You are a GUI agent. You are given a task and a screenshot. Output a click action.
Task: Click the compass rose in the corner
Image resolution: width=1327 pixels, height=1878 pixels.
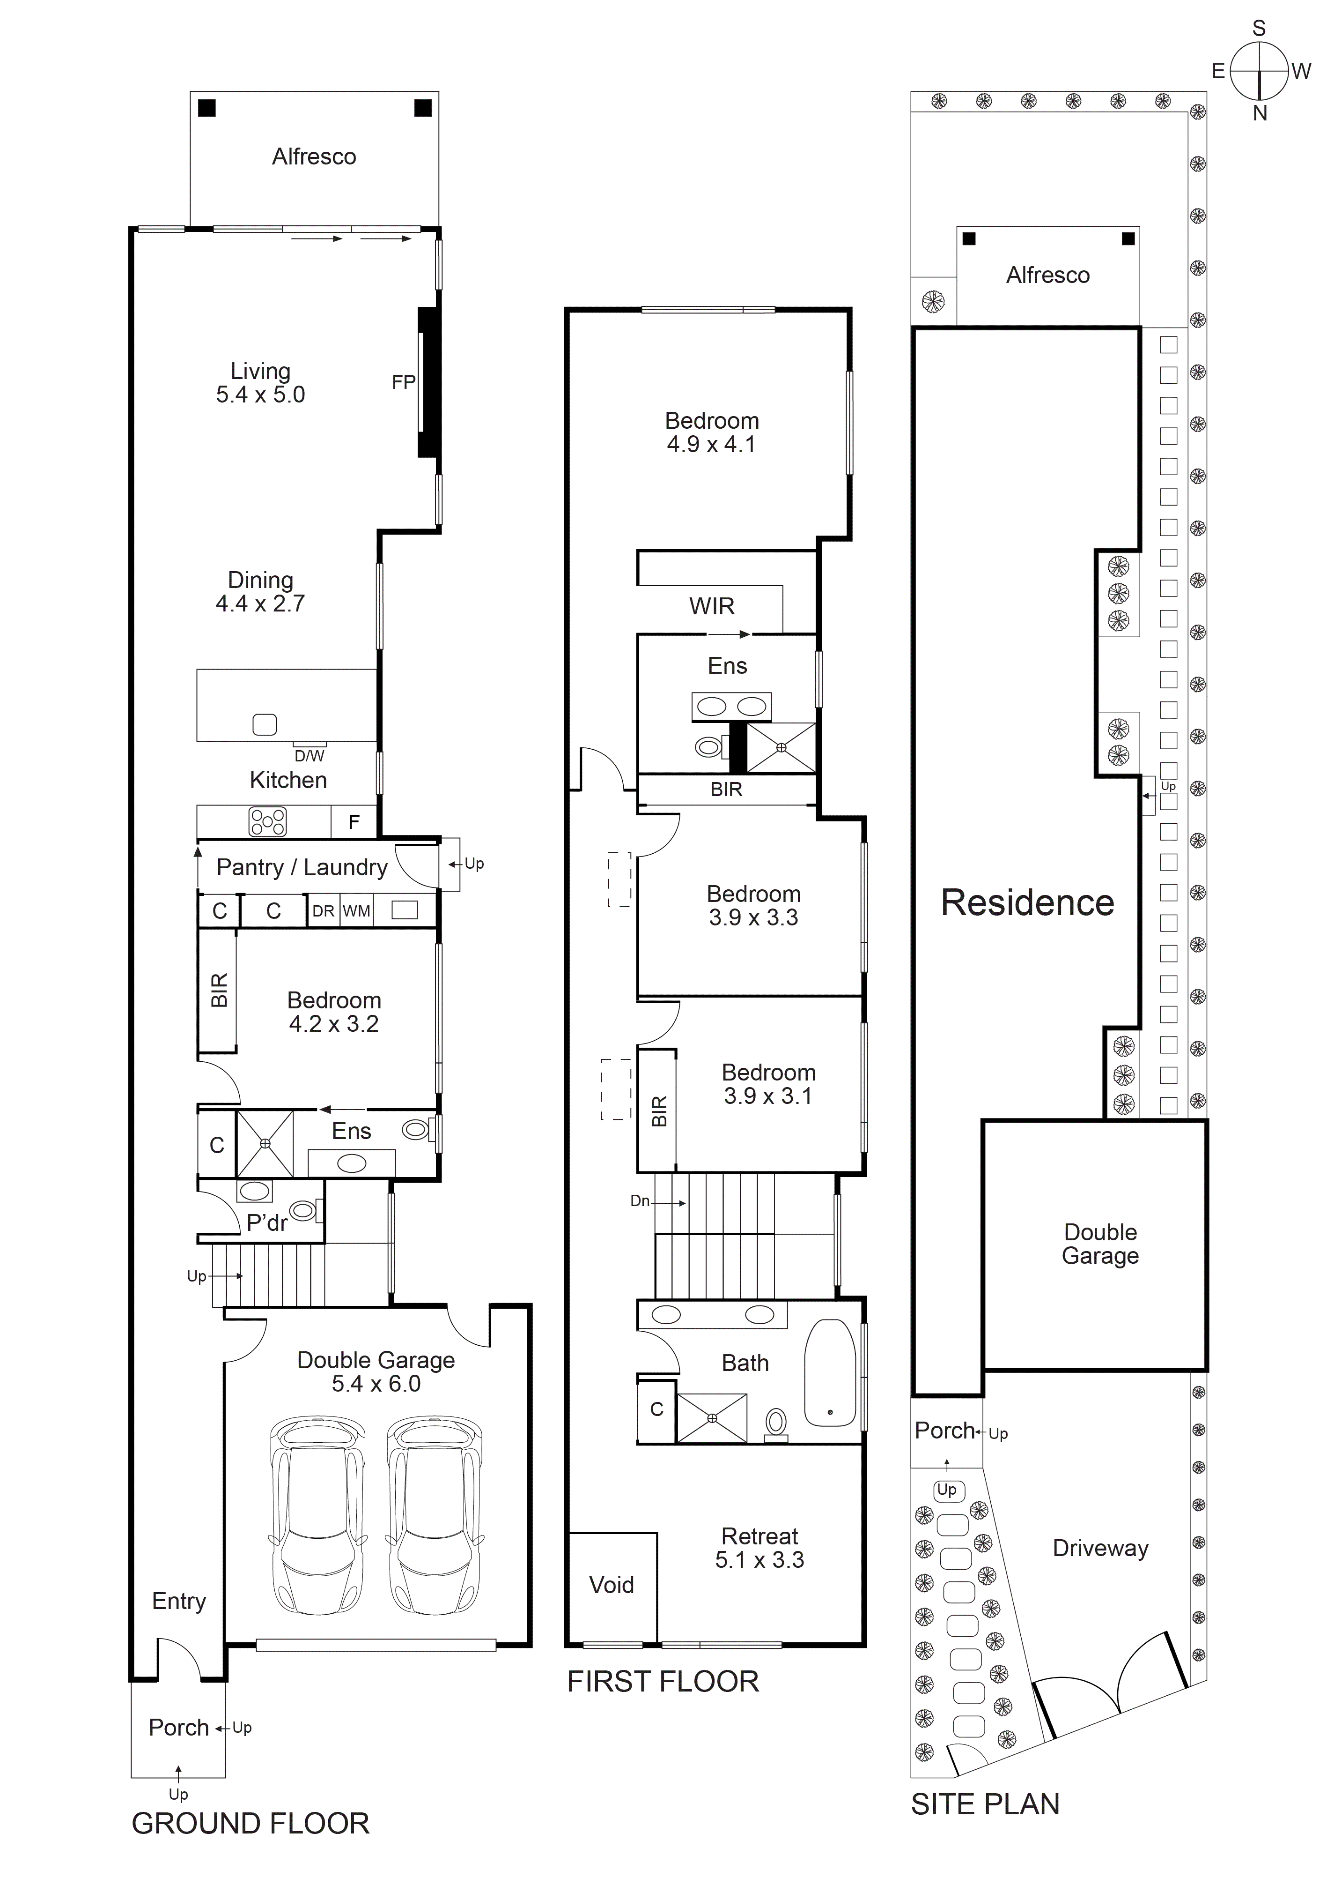(x=1259, y=71)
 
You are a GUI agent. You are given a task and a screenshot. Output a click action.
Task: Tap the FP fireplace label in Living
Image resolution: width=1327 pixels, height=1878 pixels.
(x=403, y=382)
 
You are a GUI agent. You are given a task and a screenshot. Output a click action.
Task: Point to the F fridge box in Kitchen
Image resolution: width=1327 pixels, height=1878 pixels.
(x=354, y=822)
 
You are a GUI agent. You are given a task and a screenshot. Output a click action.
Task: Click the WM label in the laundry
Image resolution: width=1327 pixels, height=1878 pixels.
(x=356, y=911)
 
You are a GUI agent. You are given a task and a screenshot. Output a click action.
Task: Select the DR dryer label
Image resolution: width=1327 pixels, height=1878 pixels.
(x=323, y=911)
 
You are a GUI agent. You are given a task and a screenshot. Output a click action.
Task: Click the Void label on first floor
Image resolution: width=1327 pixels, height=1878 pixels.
(x=612, y=1585)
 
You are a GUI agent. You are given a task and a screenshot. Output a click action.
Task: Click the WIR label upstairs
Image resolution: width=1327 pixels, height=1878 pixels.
(x=711, y=607)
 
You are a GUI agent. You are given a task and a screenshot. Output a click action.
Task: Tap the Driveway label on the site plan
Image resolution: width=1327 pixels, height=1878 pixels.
(x=1100, y=1549)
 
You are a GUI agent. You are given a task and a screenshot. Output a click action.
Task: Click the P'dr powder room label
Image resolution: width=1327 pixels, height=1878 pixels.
(x=266, y=1223)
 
